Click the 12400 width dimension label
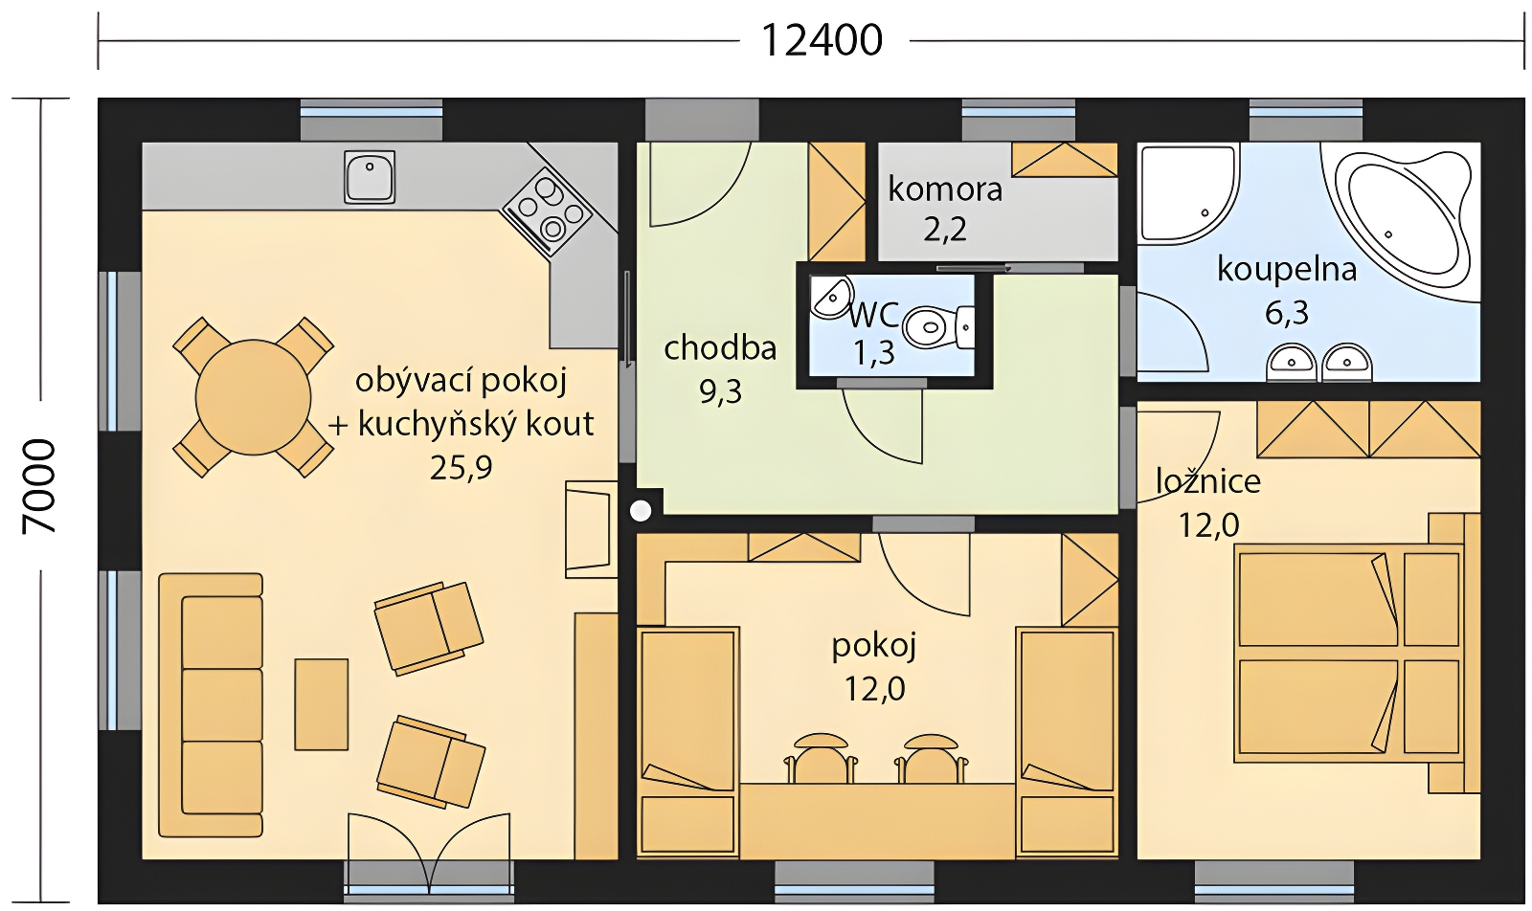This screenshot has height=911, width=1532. [x=822, y=41]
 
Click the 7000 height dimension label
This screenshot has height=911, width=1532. [x=39, y=486]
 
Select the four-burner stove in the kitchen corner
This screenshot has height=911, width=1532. [x=547, y=211]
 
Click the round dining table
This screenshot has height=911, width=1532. [x=253, y=397]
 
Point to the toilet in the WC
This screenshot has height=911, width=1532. [x=938, y=326]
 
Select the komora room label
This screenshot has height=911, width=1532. [x=945, y=189]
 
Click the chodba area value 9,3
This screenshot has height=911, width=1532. [x=720, y=392]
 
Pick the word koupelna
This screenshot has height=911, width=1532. [x=1287, y=270]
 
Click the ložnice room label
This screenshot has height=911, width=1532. [x=1207, y=481]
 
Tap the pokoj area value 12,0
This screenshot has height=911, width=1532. [x=875, y=690]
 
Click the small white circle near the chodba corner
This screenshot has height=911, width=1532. [x=641, y=510]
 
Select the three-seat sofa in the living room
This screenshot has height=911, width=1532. [x=211, y=705]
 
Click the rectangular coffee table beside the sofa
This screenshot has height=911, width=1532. [x=322, y=704]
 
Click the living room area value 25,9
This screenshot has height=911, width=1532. [x=461, y=469]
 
